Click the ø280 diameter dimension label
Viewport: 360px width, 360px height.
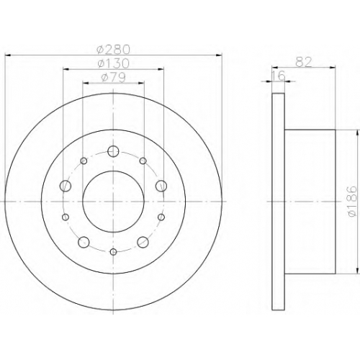pos(113,50)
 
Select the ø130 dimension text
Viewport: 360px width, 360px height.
pos(114,63)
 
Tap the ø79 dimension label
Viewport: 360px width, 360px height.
pos(113,78)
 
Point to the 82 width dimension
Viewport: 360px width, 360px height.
pos(303,62)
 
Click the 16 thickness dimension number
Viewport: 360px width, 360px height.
pos(279,76)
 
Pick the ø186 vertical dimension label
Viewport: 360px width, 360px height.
pos(352,202)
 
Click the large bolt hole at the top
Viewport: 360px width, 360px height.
pos(113,151)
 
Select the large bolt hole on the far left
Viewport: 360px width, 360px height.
pos(66,186)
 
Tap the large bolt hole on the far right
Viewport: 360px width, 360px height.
pos(161,186)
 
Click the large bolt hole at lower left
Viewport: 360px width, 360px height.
pos(84,242)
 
